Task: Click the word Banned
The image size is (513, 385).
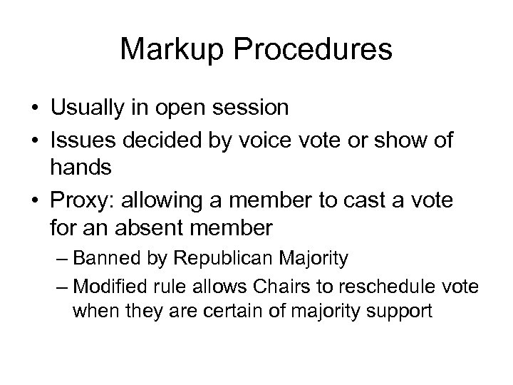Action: pos(101,257)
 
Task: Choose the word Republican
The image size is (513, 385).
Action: pos(210,257)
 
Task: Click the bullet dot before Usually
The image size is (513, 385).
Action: pos(35,108)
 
